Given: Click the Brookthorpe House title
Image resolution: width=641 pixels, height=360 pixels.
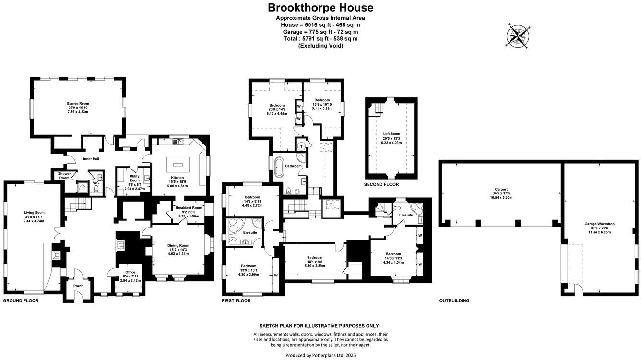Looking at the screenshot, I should click(320, 8).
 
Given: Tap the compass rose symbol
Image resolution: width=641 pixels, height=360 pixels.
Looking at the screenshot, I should click(519, 36).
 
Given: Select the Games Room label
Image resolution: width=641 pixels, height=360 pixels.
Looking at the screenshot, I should click(77, 103).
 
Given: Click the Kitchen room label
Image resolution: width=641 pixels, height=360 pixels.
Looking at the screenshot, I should click(174, 178).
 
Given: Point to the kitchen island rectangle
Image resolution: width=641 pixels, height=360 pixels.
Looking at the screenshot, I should click(175, 164).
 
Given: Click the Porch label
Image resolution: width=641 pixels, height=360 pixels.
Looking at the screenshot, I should click(78, 286).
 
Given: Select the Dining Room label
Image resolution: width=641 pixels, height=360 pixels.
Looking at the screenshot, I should click(178, 245).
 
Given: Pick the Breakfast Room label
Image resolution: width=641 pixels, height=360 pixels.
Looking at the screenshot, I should click(189, 207).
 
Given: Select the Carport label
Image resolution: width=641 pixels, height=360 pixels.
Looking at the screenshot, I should click(499, 189).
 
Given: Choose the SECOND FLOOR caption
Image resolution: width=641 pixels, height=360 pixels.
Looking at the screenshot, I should click(381, 184).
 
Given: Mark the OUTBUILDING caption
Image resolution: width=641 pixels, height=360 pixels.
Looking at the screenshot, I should click(454, 301).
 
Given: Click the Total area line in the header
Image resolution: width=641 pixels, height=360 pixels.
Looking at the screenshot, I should click(320, 39).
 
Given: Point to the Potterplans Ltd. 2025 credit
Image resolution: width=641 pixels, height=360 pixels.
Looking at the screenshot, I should click(320, 355).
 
